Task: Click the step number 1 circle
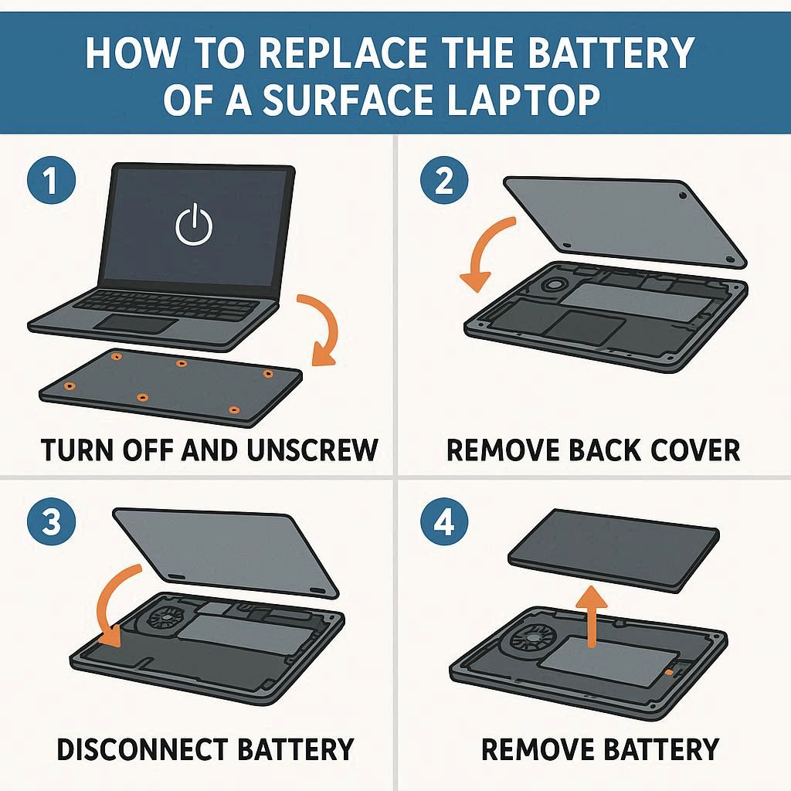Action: (51, 179)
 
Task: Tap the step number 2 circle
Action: (444, 179)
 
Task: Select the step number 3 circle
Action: (51, 521)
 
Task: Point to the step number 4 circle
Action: (444, 521)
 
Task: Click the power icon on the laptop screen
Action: (194, 224)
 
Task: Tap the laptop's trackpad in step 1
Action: (136, 323)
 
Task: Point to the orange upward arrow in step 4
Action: (592, 616)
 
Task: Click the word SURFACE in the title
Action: (348, 100)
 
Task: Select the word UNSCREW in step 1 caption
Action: (313, 450)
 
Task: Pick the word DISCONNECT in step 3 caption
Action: (142, 749)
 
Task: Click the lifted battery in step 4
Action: (613, 549)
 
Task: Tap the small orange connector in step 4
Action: (669, 673)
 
